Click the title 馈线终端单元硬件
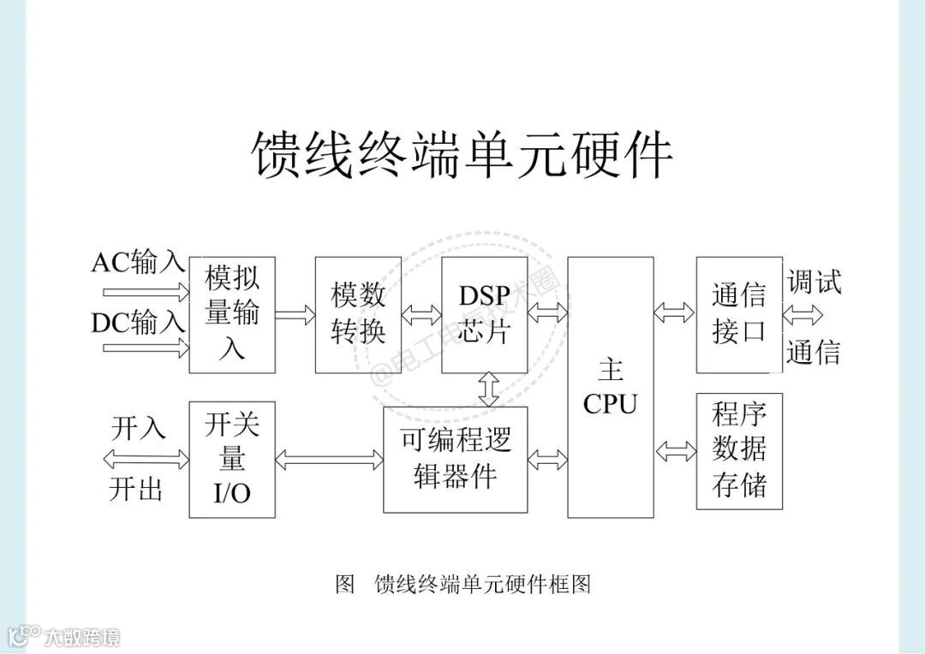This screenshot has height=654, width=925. coord(462,155)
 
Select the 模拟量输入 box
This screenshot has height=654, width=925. coord(232,313)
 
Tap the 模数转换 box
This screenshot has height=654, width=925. coord(358,313)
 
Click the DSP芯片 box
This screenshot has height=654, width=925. coord(484,313)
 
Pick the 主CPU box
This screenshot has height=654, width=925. coord(610,387)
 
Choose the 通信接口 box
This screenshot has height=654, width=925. coord(738,313)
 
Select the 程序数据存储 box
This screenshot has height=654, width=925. coord(738,450)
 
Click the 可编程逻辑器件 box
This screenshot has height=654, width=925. coord(455,459)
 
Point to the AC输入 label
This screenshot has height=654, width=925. coord(138,262)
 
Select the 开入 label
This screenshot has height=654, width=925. coord(138,427)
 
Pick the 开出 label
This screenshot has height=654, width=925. coord(135,490)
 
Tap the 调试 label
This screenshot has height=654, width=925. coord(814,282)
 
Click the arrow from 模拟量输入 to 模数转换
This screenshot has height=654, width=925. coord(295,314)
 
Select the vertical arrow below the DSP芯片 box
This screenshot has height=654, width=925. coord(489,389)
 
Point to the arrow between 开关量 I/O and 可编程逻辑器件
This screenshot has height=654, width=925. coord(329,461)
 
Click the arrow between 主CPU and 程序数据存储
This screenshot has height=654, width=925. coord(675,450)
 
